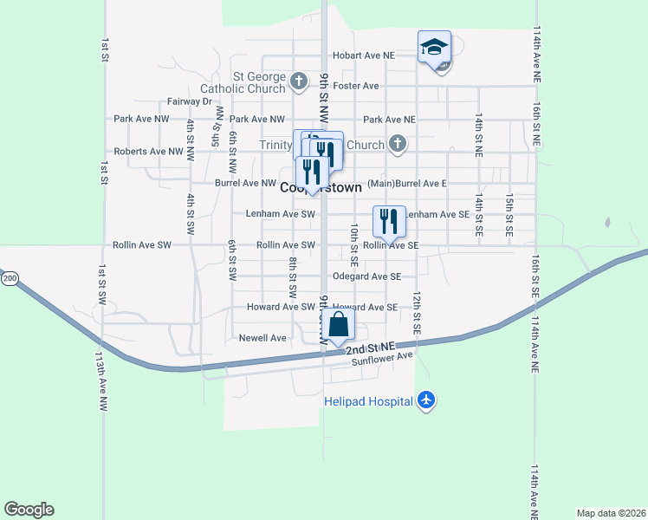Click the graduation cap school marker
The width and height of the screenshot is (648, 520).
pos(434,47)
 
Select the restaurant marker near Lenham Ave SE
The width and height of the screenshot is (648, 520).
pos(389,220)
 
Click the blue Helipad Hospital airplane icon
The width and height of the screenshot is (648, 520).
pos(424,400)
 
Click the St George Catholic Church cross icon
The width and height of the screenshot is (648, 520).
pos(299,82)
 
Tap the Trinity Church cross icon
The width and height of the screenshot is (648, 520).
pos(397,144)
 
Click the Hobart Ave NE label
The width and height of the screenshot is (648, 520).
pos(363,55)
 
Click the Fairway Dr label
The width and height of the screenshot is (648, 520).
pos(190,101)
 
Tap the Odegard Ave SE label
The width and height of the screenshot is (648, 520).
pos(366,276)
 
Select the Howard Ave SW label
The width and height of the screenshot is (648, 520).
pos(281,307)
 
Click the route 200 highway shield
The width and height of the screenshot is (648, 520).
pos(9,278)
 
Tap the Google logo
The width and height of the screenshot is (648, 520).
pos(29,510)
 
